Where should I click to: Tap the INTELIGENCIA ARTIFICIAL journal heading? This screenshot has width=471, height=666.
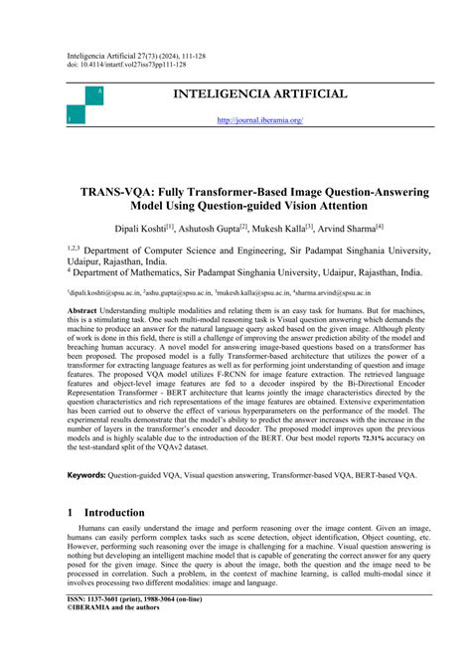pos(259,94)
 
